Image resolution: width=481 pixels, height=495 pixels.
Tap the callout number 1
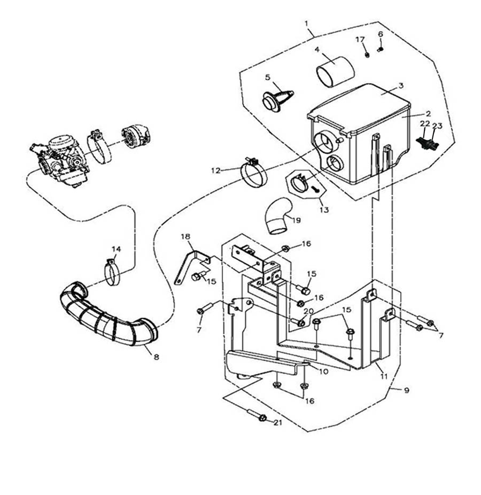(x=307, y=23)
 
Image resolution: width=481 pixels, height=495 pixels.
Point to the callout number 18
(x=185, y=236)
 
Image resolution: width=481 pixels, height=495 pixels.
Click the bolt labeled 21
(x=258, y=416)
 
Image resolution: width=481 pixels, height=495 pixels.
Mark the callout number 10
(x=323, y=371)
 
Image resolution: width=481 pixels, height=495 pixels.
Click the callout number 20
(x=308, y=311)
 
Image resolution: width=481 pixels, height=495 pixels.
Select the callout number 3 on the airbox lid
(x=401, y=86)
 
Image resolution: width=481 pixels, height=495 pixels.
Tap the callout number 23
(x=438, y=127)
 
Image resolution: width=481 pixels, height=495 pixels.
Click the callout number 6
(x=381, y=34)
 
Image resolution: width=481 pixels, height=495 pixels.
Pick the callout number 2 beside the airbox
(x=428, y=113)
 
